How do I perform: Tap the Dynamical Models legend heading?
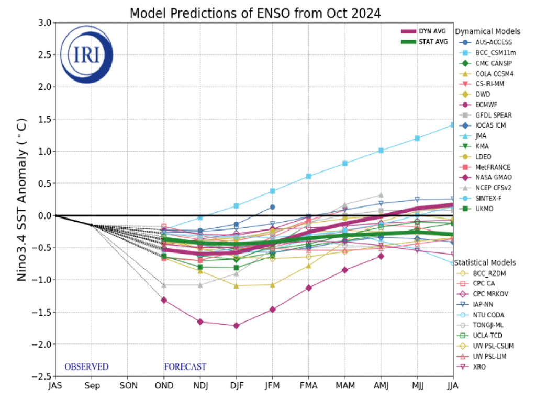pos(484,31)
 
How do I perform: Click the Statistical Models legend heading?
pos(485,262)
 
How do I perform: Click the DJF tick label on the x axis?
pos(236,385)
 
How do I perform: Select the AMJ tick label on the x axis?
pos(381,385)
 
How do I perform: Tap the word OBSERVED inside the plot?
pos(86,366)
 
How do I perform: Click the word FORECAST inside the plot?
pos(185,366)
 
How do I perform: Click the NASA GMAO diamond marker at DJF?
pos(236,326)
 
